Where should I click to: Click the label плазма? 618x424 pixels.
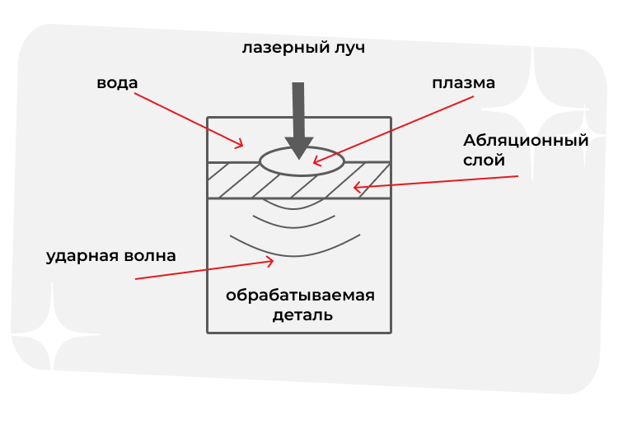point(464,83)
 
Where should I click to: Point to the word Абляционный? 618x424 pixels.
point(526,140)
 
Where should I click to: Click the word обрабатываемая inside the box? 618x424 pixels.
point(301,296)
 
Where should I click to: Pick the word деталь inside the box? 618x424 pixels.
point(302,315)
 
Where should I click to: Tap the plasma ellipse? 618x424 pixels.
point(302,161)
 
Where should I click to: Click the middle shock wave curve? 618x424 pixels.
point(295,223)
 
